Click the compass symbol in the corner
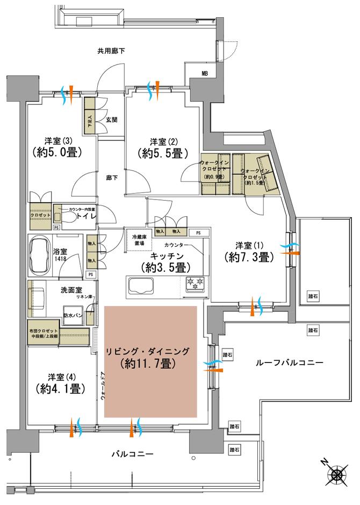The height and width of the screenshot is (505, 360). click(338, 474)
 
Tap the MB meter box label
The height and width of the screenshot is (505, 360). click(205, 73)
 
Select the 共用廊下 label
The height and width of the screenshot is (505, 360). click(111, 52)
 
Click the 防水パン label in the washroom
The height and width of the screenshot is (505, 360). click(73, 316)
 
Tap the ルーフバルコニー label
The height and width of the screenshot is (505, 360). click(293, 363)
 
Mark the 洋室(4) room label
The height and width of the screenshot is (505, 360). click(59, 376)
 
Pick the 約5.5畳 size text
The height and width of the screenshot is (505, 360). click(162, 153)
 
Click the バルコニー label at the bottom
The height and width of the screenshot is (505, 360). click(132, 454)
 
